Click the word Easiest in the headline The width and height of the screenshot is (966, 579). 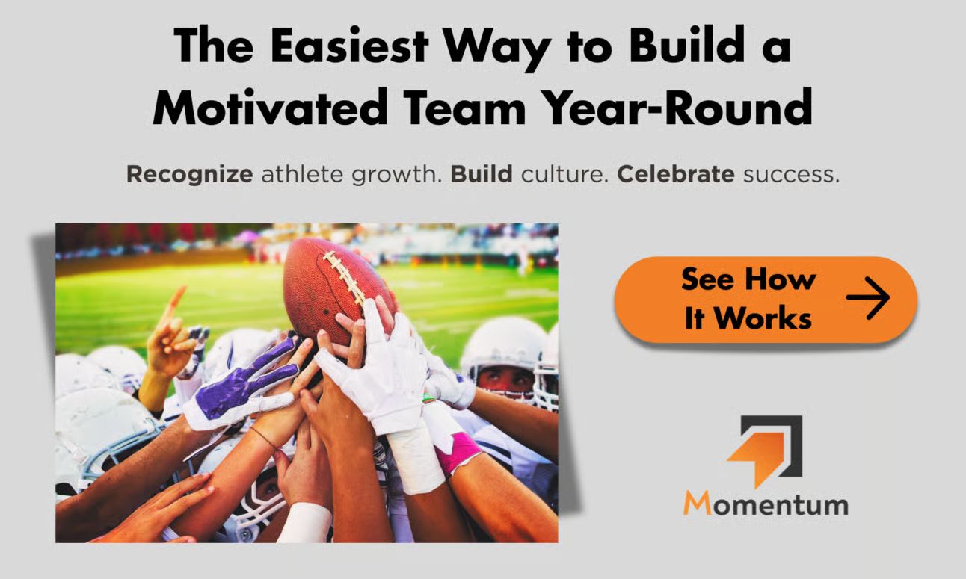click(349, 46)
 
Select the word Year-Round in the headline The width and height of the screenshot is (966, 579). click(677, 106)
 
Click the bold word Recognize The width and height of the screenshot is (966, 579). click(190, 175)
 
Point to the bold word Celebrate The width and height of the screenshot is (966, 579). click(676, 174)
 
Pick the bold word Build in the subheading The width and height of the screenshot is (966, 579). click(482, 174)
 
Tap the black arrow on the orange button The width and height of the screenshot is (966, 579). click(868, 298)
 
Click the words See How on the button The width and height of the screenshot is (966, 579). click(748, 279)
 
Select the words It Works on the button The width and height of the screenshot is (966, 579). click(748, 318)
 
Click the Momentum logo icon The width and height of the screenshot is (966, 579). click(765, 451)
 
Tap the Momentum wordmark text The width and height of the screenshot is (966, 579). click(766, 504)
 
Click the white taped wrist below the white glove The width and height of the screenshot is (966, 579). click(415, 461)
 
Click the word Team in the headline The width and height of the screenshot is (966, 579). click(464, 106)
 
